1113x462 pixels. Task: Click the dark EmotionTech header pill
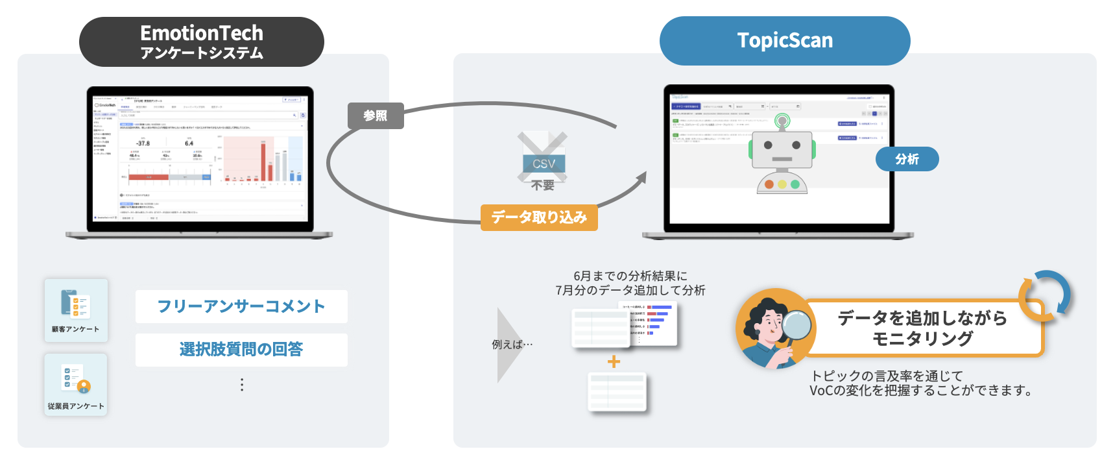(x=201, y=42)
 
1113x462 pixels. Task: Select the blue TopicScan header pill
(x=785, y=41)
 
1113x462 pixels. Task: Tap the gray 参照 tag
(x=376, y=116)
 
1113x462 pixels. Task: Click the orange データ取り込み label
(x=539, y=217)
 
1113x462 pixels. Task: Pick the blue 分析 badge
(x=907, y=159)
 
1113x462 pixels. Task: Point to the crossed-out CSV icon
(x=543, y=158)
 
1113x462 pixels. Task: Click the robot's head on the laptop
(x=782, y=151)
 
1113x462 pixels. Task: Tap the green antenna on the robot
(x=783, y=121)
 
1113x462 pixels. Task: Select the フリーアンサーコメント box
(x=241, y=306)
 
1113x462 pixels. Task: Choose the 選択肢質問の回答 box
(x=241, y=350)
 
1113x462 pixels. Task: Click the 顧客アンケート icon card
(x=76, y=310)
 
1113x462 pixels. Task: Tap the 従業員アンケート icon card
(x=76, y=385)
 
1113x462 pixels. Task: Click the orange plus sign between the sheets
(x=614, y=361)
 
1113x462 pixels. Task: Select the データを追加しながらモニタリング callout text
(x=922, y=328)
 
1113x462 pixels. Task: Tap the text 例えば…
(x=512, y=345)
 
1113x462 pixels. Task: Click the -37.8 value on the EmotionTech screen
(x=143, y=143)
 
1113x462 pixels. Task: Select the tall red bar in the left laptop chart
(x=263, y=162)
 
